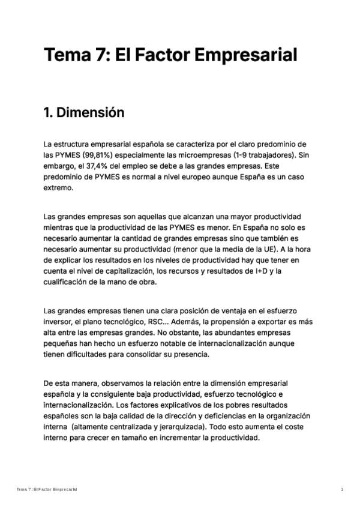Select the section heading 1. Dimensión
(x=84, y=113)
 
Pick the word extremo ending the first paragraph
(x=58, y=188)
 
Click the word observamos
(x=127, y=382)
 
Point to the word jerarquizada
(x=179, y=427)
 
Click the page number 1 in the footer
(x=342, y=490)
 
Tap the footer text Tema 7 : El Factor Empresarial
(x=47, y=490)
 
